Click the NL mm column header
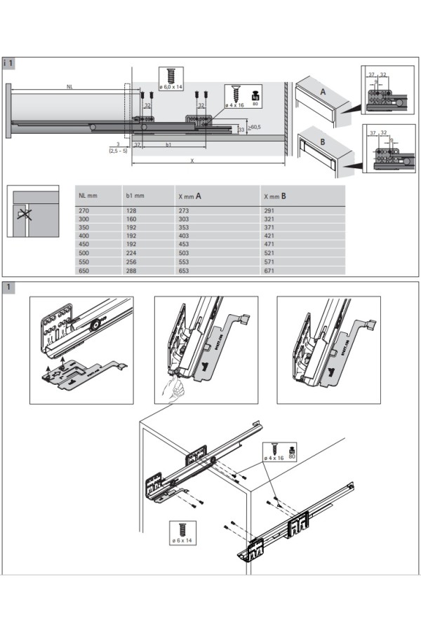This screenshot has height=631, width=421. (x=88, y=196)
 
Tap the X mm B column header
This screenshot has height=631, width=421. (x=274, y=196)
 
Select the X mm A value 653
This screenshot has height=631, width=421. (x=186, y=270)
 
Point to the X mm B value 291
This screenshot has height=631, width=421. (x=269, y=210)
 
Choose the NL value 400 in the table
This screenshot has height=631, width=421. (x=84, y=236)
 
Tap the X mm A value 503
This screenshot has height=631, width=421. (x=186, y=252)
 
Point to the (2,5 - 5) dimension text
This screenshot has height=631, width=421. (x=117, y=151)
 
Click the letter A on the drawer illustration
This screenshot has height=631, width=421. (x=323, y=92)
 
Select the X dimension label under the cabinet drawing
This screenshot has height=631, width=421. (x=191, y=161)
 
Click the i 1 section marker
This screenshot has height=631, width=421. (x=9, y=63)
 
